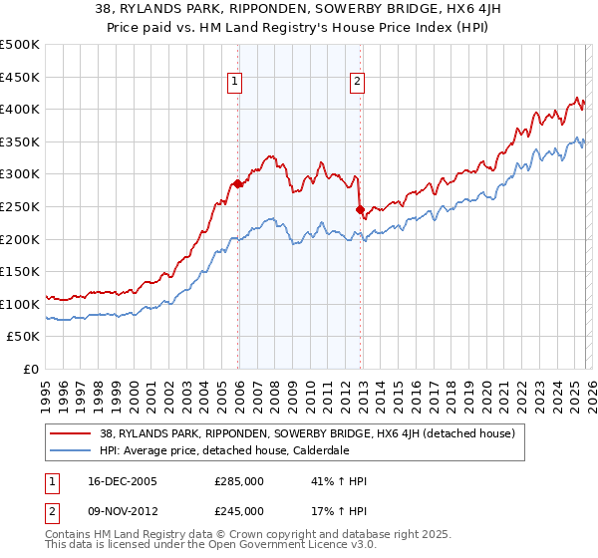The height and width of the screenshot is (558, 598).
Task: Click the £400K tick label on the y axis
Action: [20, 109]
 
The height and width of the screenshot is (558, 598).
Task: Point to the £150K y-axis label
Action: [20, 271]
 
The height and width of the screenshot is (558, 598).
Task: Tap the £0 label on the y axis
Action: [30, 369]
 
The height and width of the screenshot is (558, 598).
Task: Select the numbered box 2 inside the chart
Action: [357, 84]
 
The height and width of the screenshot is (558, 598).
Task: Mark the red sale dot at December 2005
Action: [237, 183]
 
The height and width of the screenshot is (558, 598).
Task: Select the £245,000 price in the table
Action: [238, 511]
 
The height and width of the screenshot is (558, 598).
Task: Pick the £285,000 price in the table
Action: [238, 481]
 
